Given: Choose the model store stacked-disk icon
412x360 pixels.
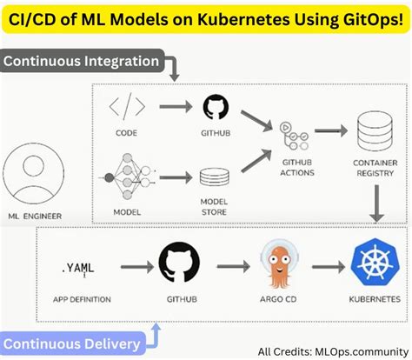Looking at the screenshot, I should coord(214,178).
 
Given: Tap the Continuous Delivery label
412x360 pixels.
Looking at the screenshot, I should coord(75,344).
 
